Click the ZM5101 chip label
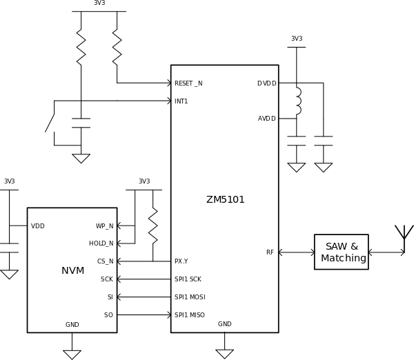coord(225,200)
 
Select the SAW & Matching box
coord(342,252)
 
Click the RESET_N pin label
coord(188,83)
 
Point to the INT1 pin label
coord(181,101)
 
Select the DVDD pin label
coord(266,83)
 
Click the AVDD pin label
coord(266,119)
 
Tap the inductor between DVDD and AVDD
coord(297,101)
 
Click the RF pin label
coord(270,252)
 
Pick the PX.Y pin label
coord(181,261)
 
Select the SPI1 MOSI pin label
coord(190,297)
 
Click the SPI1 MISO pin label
coord(190,315)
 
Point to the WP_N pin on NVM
coord(104,226)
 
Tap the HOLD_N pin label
coord(101,243)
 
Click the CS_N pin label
coord(105,261)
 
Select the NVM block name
coord(72,271)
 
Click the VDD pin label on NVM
coord(37,226)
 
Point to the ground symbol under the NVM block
coord(72,354)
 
